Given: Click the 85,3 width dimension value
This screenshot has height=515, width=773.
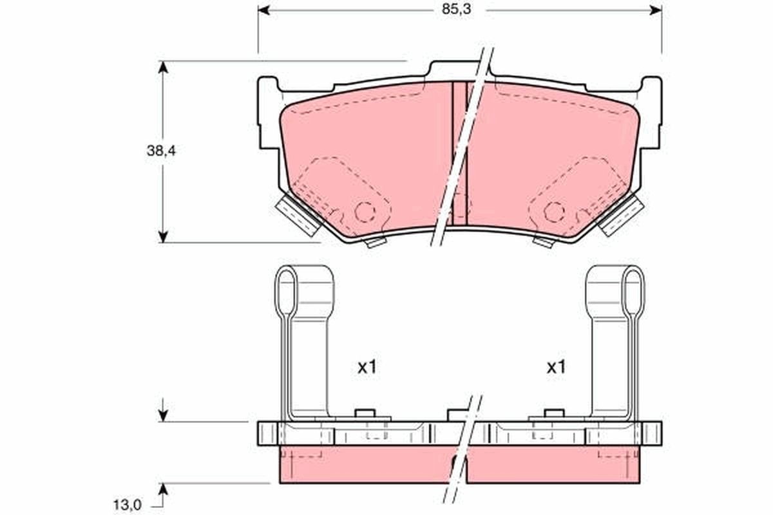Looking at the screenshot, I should point(453,10).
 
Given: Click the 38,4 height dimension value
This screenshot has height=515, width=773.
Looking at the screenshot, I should point(161,152).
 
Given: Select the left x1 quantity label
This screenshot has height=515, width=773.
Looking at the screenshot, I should point(367,368).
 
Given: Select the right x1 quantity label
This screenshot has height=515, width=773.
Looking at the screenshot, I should point(556,368).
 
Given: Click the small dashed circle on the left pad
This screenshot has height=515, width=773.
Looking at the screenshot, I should point(365,211).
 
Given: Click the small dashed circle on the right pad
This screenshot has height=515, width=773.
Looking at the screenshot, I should point(553,211).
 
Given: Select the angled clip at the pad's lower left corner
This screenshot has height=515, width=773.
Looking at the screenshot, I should point(297,216).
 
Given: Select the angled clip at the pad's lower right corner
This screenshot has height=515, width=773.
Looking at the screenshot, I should point(622,216).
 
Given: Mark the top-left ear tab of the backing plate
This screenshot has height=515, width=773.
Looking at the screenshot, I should point(267,87).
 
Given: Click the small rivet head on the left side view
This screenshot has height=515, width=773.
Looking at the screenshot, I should point(365,413).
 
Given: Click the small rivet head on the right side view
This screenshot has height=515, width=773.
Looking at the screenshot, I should point(554,413).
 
